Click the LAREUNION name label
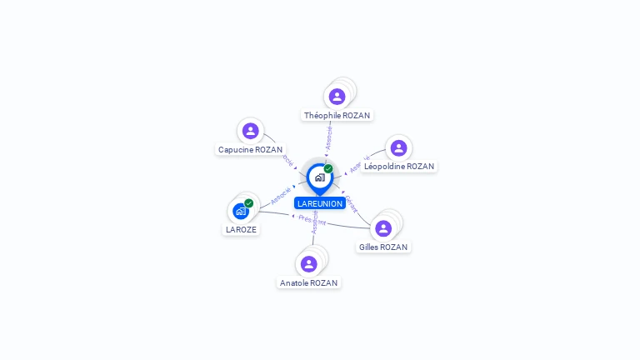click(x=319, y=203)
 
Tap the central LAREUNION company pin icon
click(x=319, y=177)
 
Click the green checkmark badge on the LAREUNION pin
click(x=328, y=168)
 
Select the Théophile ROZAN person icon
click(x=337, y=97)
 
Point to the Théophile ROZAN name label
click(x=337, y=115)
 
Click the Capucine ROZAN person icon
click(x=250, y=131)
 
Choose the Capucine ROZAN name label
click(x=250, y=149)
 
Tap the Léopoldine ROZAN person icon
click(x=398, y=147)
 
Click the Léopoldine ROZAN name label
click(x=399, y=166)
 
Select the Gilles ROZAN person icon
click(x=383, y=228)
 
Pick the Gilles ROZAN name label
click(x=384, y=247)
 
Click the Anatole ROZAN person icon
click(x=309, y=264)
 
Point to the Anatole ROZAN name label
click(x=309, y=282)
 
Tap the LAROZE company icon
click(x=241, y=211)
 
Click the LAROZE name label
click(x=241, y=229)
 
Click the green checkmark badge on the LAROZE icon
click(x=248, y=203)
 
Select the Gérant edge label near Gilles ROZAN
click(x=352, y=204)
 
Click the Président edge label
click(x=312, y=219)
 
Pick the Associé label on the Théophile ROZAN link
click(x=329, y=137)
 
